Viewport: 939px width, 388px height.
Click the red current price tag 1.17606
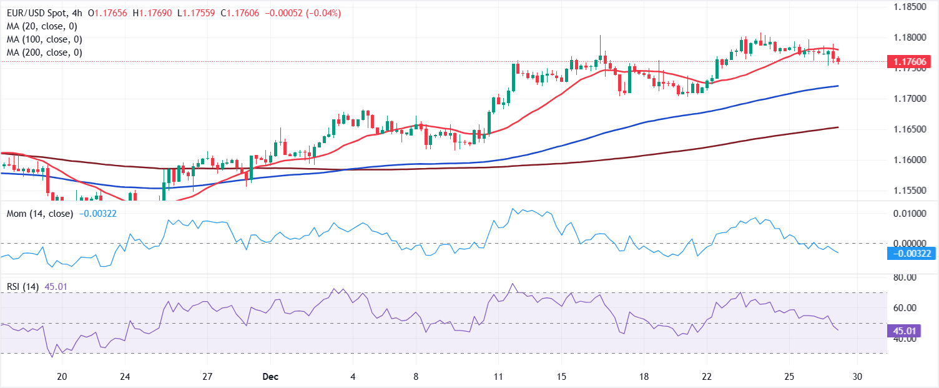click(x=911, y=61)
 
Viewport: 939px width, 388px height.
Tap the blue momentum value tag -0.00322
click(x=911, y=254)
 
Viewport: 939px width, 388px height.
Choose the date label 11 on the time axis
click(x=498, y=377)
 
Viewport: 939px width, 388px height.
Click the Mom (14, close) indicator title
click(x=39, y=214)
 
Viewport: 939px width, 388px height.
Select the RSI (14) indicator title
click(x=23, y=287)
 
